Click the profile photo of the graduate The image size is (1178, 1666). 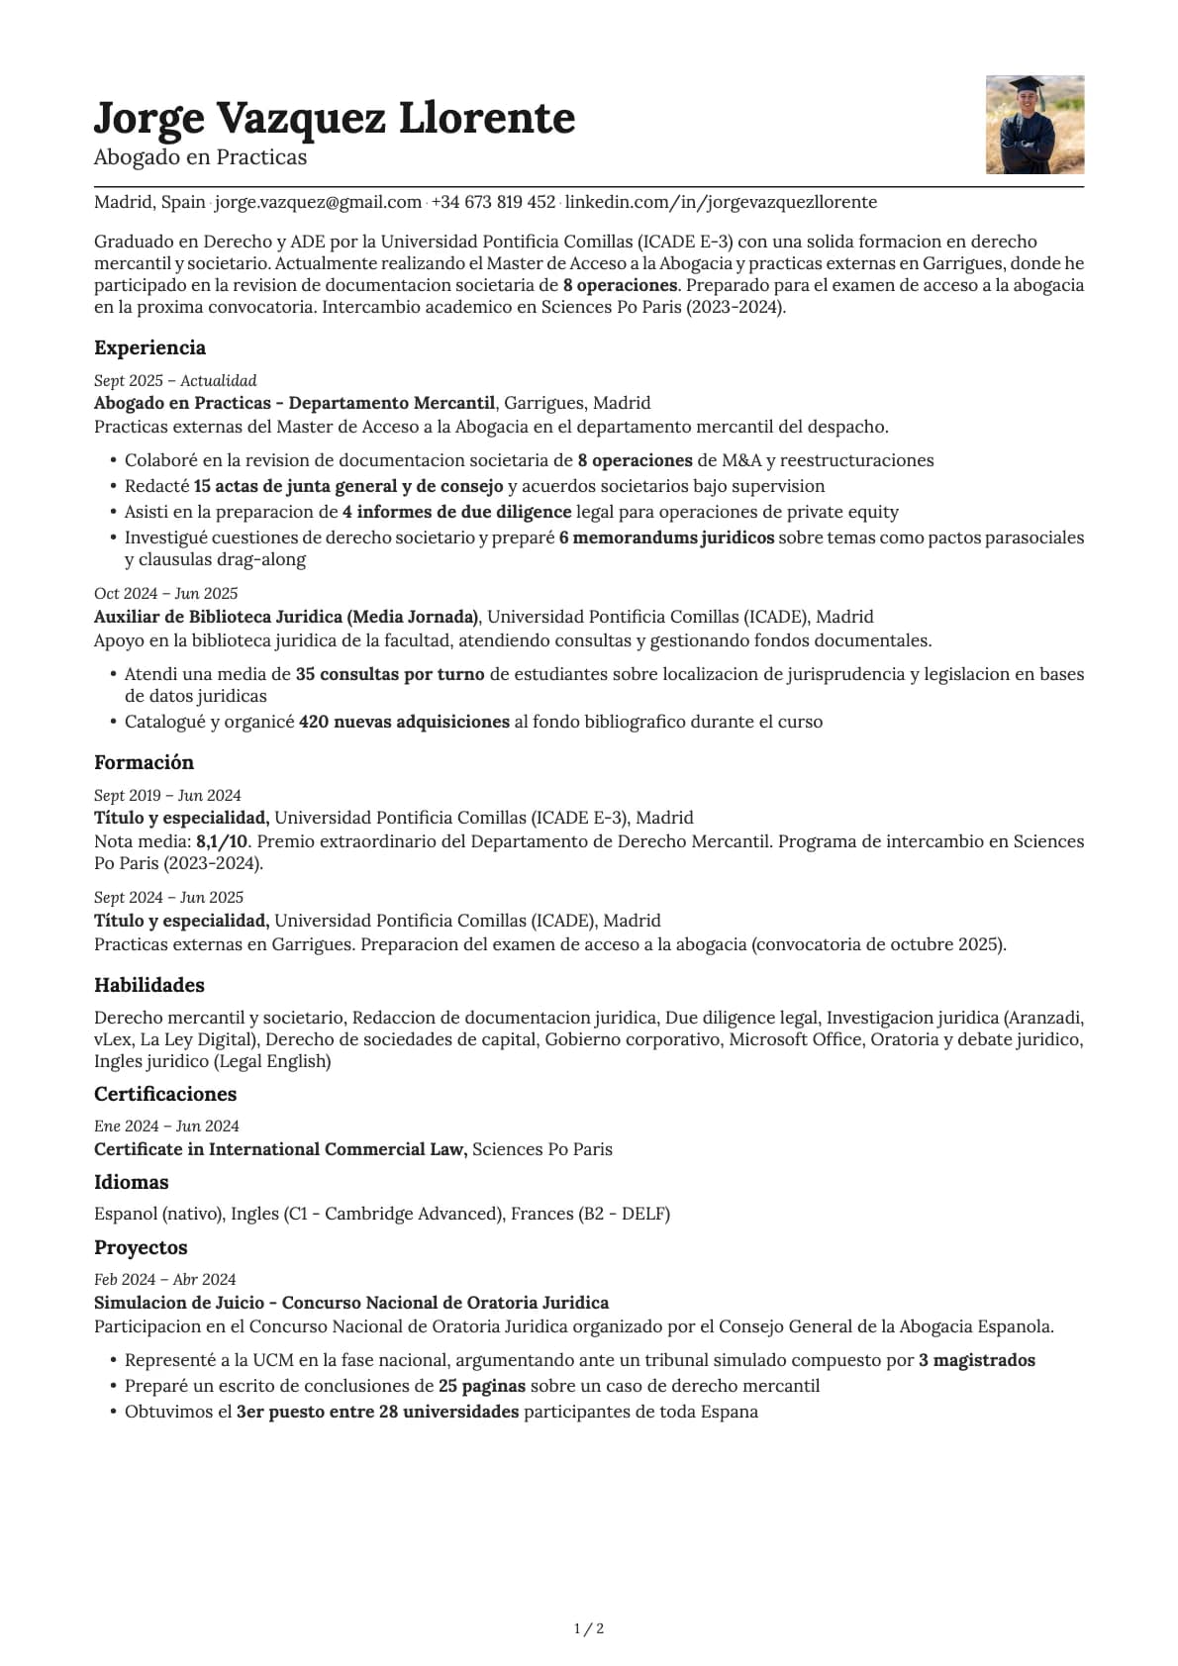click(1034, 125)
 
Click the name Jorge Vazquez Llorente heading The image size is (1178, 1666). click(334, 118)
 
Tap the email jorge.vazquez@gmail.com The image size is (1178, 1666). click(318, 202)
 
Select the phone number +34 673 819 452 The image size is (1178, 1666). click(493, 202)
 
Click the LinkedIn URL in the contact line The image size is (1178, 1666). click(721, 202)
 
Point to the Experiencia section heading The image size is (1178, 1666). click(149, 347)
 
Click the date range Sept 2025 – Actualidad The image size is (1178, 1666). click(175, 380)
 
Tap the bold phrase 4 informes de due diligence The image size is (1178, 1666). click(456, 512)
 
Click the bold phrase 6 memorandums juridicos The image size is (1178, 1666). click(666, 538)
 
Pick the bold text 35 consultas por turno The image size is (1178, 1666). click(390, 674)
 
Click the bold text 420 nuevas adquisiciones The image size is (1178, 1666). click(404, 722)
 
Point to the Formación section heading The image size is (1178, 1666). click(144, 762)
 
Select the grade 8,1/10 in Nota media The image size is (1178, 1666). click(223, 841)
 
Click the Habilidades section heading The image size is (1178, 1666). click(149, 985)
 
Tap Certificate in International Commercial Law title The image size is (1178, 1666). click(280, 1149)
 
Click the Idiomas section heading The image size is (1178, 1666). click(131, 1182)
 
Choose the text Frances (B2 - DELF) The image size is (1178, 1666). click(590, 1214)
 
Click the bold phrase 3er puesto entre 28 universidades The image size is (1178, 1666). click(377, 1412)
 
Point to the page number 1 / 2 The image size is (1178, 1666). click(589, 1628)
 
